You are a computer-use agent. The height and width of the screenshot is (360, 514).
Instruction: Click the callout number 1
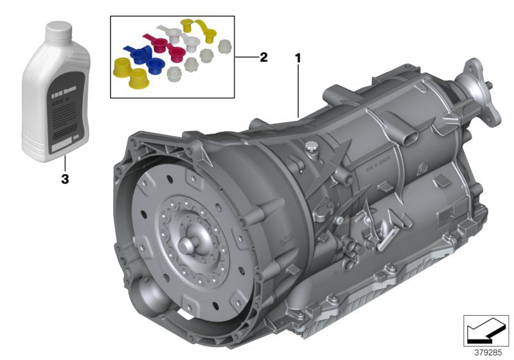(x=297, y=58)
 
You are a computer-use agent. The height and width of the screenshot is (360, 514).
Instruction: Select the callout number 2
(x=263, y=57)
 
